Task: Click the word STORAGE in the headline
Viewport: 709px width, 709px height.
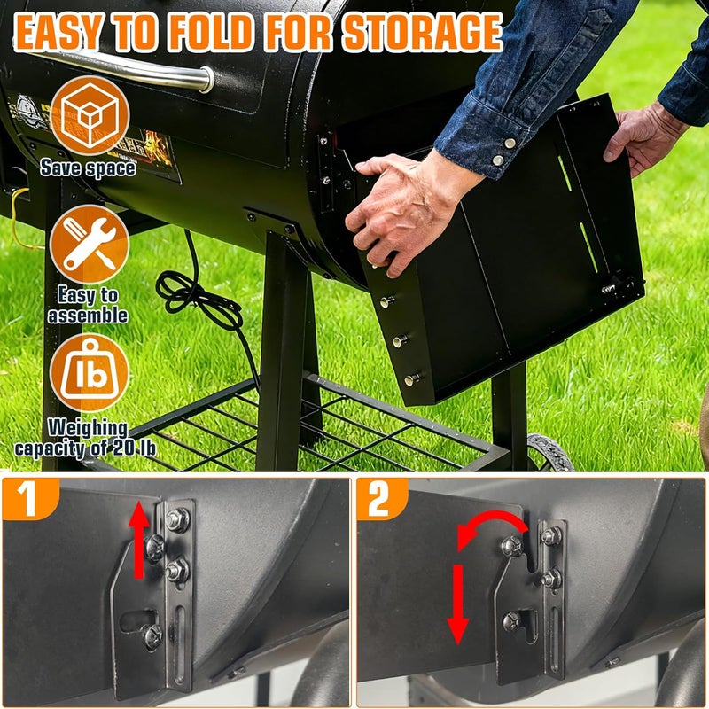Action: click(422, 34)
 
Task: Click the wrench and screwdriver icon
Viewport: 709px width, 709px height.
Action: click(89, 244)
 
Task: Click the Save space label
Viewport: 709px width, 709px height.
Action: click(88, 168)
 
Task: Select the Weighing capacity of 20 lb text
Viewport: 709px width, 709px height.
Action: click(88, 438)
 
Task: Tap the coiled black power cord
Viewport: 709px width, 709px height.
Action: click(199, 297)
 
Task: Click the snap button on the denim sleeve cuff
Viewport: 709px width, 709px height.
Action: click(509, 142)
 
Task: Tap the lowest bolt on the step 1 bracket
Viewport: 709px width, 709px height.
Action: click(152, 635)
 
